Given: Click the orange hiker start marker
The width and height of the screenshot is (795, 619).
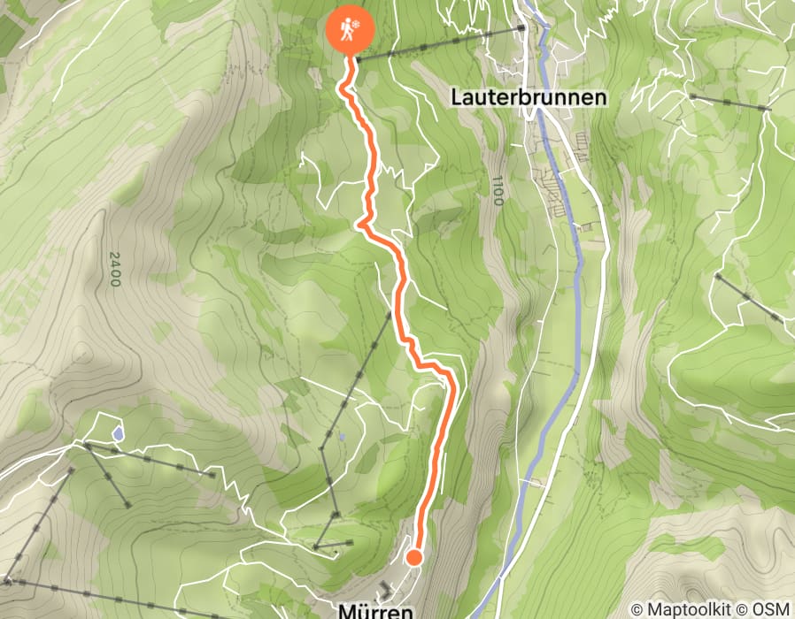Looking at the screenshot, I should click(x=351, y=28).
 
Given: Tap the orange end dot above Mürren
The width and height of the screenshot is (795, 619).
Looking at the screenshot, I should click(x=413, y=557).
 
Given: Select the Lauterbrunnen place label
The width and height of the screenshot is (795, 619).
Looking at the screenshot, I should click(x=529, y=96).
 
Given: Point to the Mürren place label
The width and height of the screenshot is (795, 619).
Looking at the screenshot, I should click(x=375, y=611).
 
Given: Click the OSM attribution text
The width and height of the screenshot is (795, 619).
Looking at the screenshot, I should click(x=773, y=609).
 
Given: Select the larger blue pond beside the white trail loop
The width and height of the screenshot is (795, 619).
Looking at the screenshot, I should click(x=118, y=434).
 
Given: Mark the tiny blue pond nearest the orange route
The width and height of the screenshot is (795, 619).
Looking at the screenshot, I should click(x=342, y=437).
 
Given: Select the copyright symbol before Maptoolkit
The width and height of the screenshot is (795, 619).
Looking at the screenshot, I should click(x=638, y=609).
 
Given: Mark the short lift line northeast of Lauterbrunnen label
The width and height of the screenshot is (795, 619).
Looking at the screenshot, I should click(x=729, y=102).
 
